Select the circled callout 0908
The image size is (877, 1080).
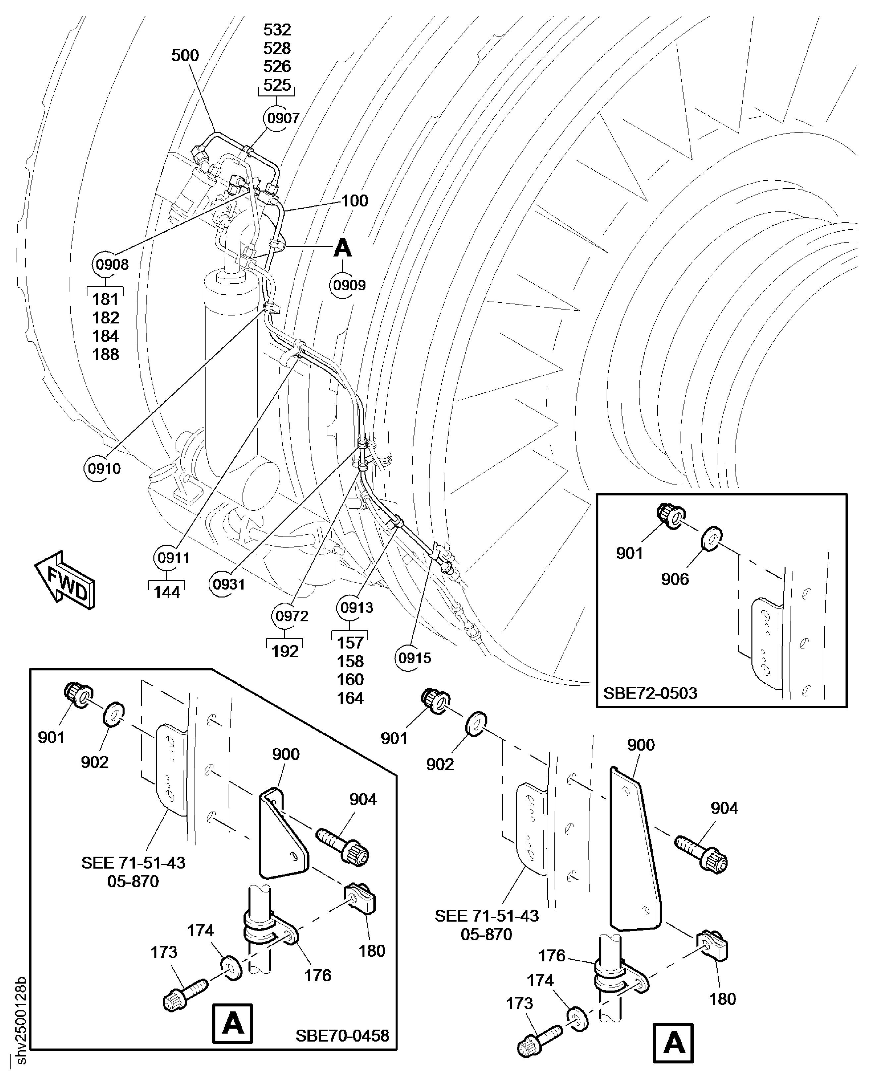click(x=112, y=264)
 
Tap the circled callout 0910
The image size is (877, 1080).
click(x=104, y=469)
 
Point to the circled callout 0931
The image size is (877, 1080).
click(x=228, y=584)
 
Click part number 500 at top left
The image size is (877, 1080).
click(x=185, y=55)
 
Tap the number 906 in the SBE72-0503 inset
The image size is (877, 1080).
click(x=675, y=579)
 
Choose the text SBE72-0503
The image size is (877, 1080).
click(x=650, y=693)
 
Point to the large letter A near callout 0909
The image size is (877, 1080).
click(x=343, y=248)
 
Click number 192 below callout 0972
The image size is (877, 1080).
click(x=285, y=652)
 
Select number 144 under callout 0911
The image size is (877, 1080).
click(x=167, y=592)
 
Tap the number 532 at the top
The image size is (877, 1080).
click(x=277, y=30)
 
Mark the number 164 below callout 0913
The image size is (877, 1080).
click(x=350, y=698)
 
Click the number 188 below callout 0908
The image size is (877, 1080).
click(x=106, y=354)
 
